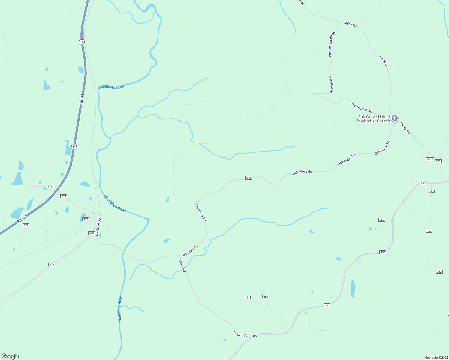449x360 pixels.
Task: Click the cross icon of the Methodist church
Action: (395, 118)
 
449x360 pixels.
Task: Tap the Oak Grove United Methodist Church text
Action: (374, 119)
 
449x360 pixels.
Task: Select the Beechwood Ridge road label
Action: (332, 44)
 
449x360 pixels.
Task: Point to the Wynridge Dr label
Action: (331, 84)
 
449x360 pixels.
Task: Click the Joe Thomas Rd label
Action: (362, 107)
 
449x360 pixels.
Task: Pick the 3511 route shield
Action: (430, 159)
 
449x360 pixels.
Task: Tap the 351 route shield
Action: (438, 161)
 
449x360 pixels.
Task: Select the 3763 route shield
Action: (51, 187)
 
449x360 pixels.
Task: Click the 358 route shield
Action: (247, 298)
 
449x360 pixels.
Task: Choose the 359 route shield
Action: (266, 297)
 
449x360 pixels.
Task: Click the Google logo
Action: (10, 356)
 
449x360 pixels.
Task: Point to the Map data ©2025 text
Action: (435, 358)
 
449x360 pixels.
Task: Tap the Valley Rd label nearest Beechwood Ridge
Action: (350, 24)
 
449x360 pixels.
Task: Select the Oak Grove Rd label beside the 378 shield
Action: (98, 228)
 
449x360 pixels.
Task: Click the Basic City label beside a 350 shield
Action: (240, 334)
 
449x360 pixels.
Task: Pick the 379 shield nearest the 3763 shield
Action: (63, 196)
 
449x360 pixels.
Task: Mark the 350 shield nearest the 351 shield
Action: (423, 183)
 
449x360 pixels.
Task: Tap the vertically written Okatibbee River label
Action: (120, 309)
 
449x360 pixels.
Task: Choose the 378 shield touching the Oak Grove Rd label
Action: (92, 233)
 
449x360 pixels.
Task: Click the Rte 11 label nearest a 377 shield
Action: (22, 219)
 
